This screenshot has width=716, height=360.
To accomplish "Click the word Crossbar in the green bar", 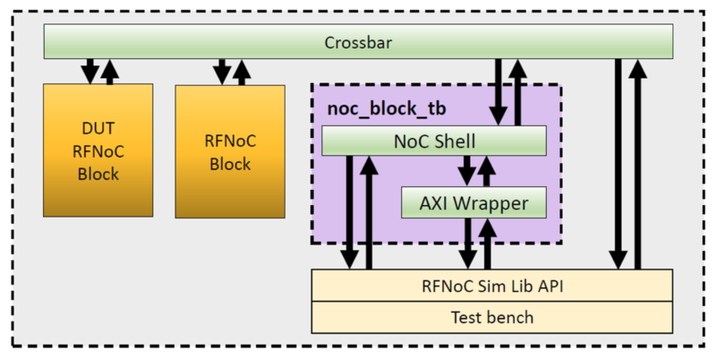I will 358,42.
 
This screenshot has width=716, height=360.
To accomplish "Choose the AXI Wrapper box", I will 473,202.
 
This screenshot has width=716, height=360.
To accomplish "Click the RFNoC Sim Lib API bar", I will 491,287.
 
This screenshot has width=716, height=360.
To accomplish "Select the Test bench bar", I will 491,316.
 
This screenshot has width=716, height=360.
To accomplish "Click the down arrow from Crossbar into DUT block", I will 89,71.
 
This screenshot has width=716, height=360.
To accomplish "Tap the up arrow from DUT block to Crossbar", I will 109,71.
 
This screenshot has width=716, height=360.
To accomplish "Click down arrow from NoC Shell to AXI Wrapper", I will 466,171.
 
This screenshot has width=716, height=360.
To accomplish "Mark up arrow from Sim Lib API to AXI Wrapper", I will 487,243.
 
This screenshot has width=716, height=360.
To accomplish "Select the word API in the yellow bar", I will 549,287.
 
